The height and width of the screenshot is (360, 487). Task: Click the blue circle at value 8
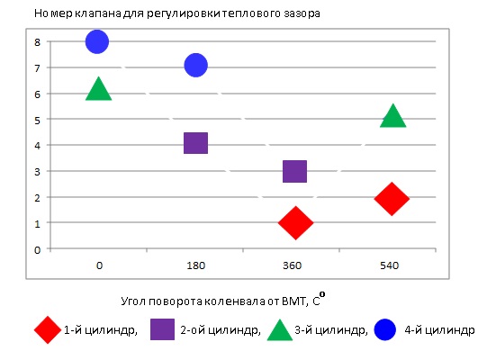pos(97,41)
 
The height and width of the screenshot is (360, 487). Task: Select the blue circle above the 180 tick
pos(195,65)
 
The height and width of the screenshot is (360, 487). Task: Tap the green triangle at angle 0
pos(98,89)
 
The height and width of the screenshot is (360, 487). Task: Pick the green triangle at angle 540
pos(392,116)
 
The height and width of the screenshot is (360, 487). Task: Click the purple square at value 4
pos(195,143)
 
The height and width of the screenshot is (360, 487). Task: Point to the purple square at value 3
pos(294,171)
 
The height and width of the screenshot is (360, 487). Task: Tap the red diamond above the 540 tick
pos(392,199)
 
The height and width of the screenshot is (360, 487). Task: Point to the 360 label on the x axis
pos(293,265)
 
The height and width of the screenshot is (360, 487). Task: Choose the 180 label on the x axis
pos(195,265)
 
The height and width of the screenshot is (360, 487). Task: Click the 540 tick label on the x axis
pos(390,265)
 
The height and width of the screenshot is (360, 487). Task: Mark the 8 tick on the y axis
pos(37,41)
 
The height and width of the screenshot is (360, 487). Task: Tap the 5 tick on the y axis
pos(37,120)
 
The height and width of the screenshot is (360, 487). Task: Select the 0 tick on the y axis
pos(37,249)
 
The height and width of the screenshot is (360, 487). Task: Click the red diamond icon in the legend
pos(47,330)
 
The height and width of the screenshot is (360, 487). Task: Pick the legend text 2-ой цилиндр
pos(221,331)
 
